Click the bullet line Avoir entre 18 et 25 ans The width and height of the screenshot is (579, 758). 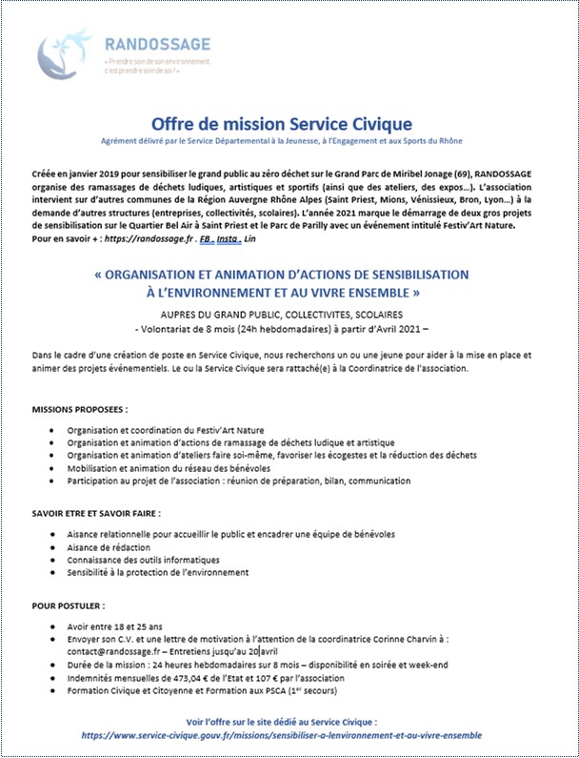point(115,626)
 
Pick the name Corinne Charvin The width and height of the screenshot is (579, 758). point(397,640)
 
